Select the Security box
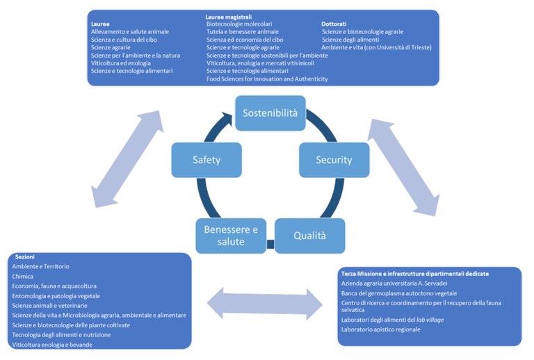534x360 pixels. point(333,160)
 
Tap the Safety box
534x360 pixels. point(207,160)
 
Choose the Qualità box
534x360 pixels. point(309,236)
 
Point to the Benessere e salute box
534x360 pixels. point(230,236)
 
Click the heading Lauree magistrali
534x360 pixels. point(228,15)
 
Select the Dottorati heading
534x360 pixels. point(334,24)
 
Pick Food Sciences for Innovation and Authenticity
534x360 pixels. point(267,79)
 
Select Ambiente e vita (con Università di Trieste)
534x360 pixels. point(377,47)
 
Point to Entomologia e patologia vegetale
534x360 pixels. point(56,296)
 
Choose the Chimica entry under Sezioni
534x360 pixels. point(23,277)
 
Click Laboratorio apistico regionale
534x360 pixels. point(381,329)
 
